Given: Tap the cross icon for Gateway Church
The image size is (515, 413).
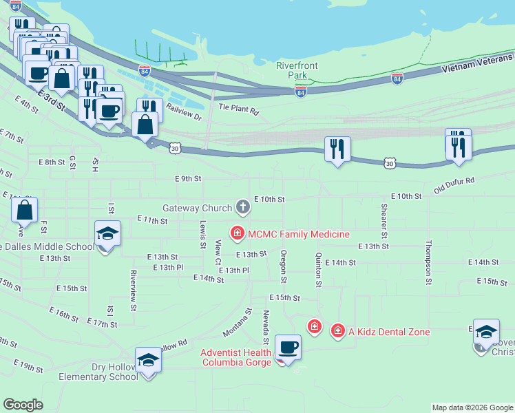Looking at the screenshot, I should click(242, 206).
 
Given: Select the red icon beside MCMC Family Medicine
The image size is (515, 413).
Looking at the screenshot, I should click(238, 234).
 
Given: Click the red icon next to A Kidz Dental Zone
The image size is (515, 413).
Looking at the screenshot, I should click(337, 331).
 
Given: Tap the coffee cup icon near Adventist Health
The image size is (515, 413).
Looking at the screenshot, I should click(288, 348).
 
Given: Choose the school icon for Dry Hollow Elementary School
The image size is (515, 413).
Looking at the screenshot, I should click(148, 359).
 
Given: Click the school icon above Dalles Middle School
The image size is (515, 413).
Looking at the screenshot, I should click(107, 234).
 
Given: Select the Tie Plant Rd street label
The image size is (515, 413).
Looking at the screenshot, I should click(238, 109).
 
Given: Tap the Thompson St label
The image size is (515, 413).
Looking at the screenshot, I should click(428, 262).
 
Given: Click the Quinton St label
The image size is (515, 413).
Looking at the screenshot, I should click(318, 268).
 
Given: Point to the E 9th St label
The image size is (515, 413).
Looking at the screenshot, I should click(188, 178).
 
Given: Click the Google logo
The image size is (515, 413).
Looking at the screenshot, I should click(23, 405).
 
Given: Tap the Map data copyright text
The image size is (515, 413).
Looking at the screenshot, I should click(472, 407).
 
